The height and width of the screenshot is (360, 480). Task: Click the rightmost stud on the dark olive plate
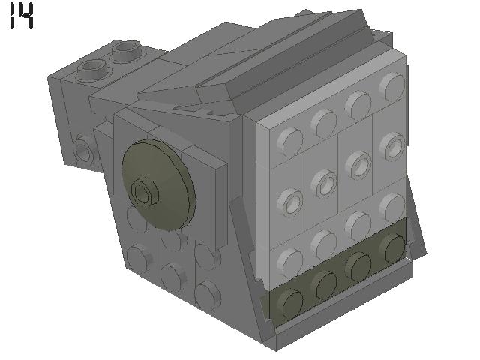391,247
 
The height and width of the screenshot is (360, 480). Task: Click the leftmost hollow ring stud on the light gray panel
290,200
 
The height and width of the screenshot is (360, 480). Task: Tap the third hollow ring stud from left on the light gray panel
358,163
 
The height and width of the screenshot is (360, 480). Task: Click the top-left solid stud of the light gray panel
290,139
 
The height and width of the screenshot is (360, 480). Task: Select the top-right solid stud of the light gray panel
389,85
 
